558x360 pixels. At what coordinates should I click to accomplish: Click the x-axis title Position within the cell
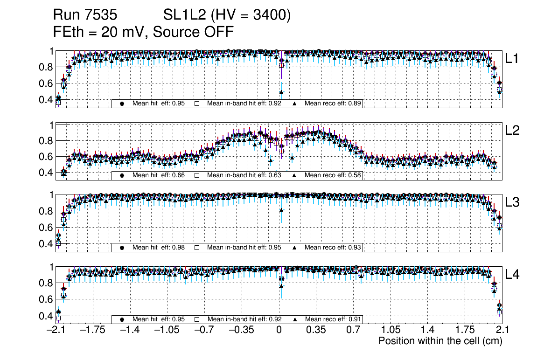tap(440, 341)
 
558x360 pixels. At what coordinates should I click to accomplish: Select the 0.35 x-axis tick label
tap(316, 330)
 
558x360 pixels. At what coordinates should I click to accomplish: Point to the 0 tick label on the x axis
tap(279, 330)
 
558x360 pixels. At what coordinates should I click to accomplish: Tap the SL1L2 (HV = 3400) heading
tap(227, 15)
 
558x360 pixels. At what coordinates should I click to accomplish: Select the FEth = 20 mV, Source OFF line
tap(143, 32)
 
